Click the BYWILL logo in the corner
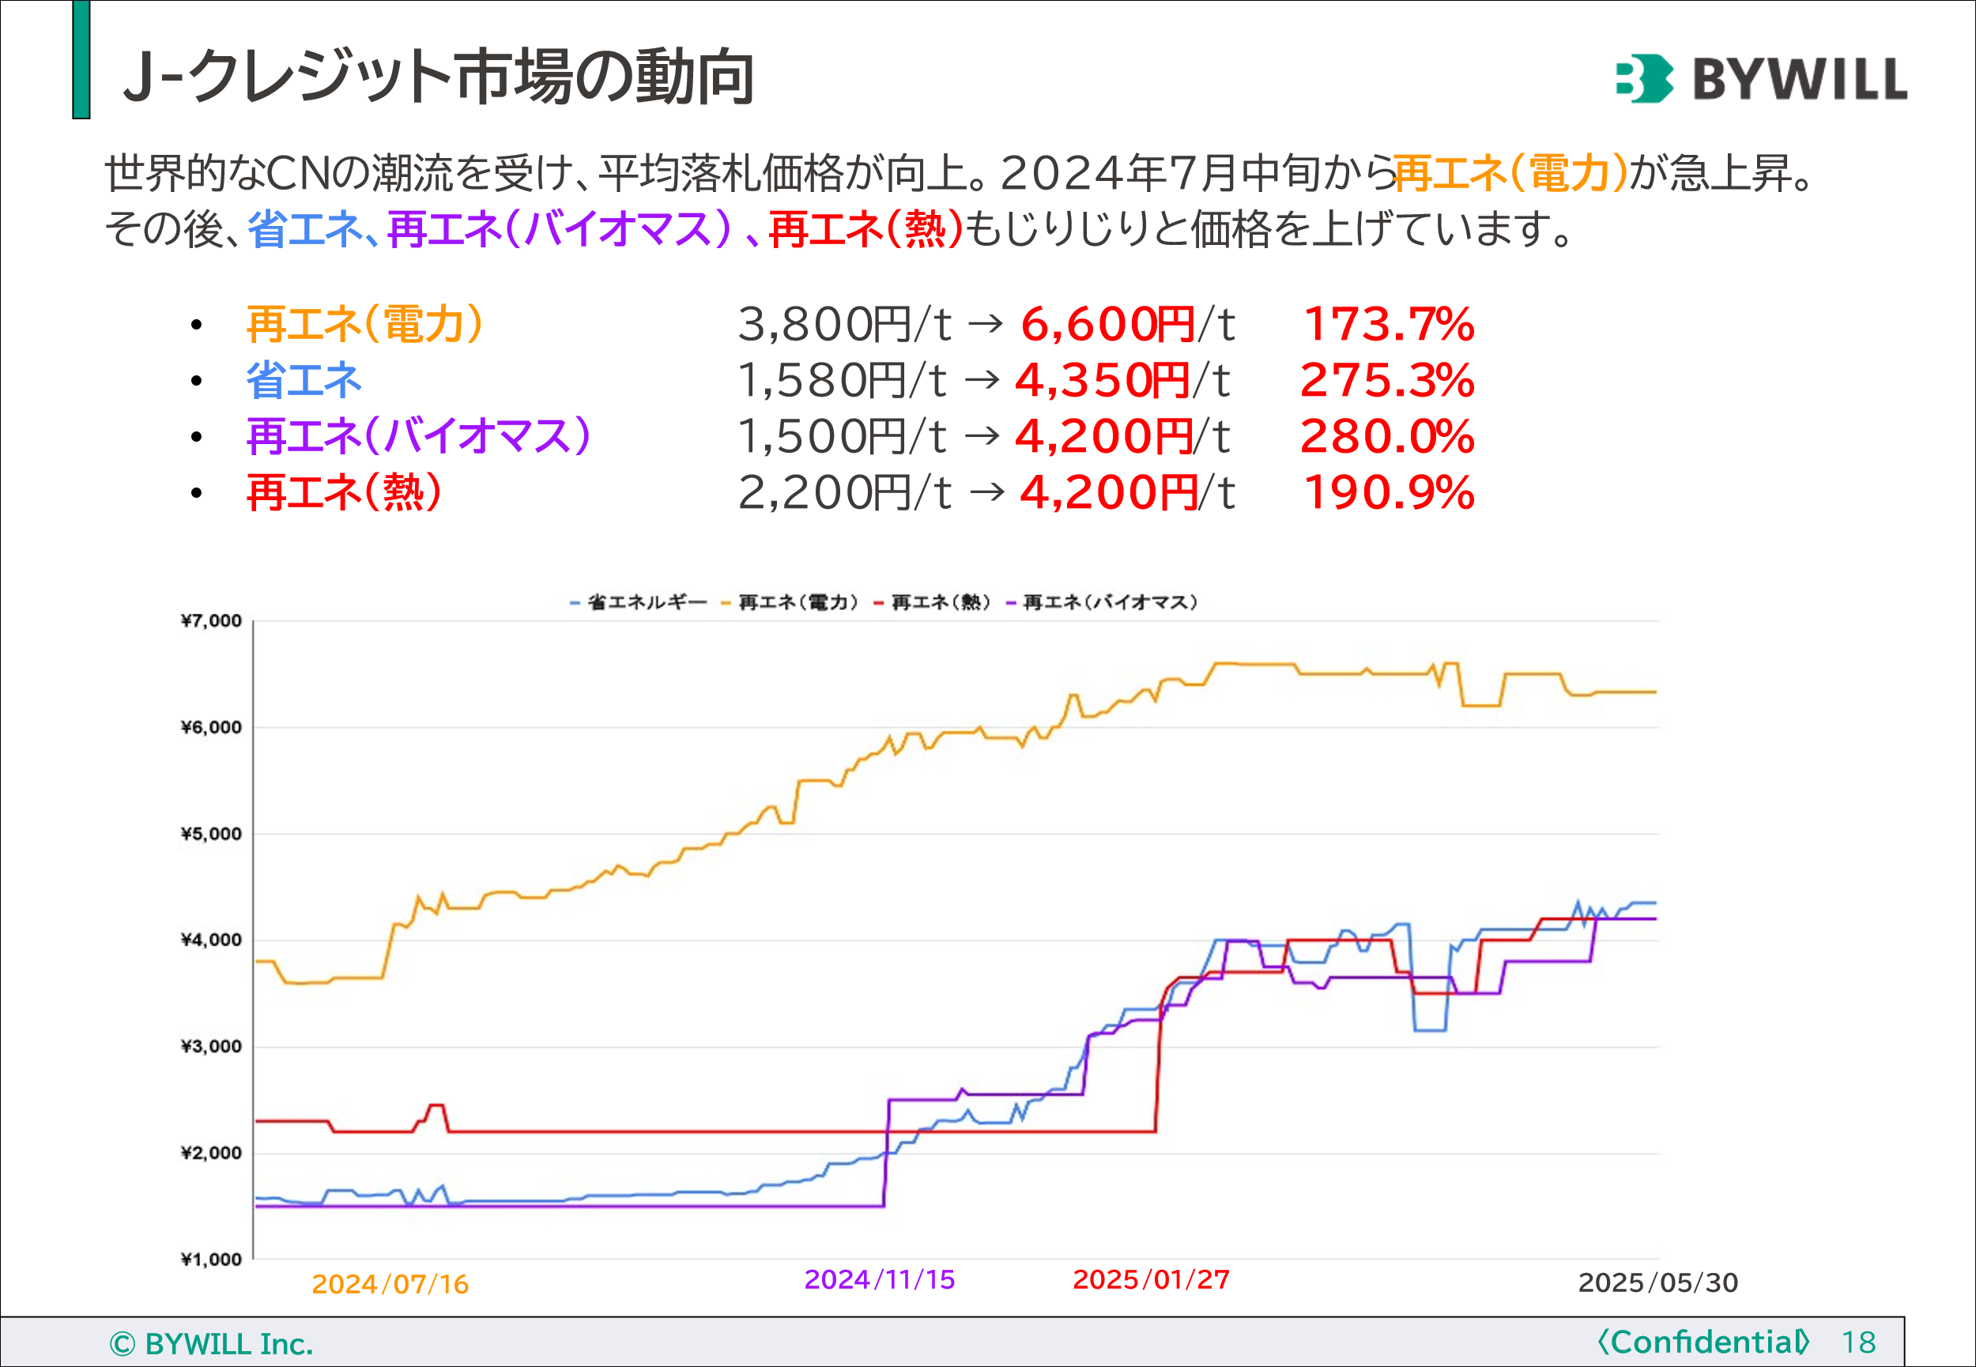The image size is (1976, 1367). pyautogui.click(x=1760, y=78)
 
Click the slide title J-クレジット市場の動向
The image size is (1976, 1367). pyautogui.click(x=439, y=77)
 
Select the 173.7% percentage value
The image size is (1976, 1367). pyautogui.click(x=1388, y=325)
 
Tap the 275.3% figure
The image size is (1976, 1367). pyautogui.click(x=1386, y=380)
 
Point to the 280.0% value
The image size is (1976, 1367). pyautogui.click(x=1386, y=437)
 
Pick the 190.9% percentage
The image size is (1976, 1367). pyautogui.click(x=1388, y=492)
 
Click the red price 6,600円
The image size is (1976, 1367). pyautogui.click(x=1107, y=325)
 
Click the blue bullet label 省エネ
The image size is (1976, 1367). pyautogui.click(x=304, y=380)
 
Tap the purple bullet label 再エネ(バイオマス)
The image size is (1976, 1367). pyautogui.click(x=418, y=437)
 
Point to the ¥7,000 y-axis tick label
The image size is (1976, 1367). pyautogui.click(x=211, y=621)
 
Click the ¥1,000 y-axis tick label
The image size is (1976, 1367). pyautogui.click(x=211, y=1259)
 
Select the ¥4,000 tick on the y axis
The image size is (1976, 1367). pyautogui.click(x=211, y=940)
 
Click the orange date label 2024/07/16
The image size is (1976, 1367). pyautogui.click(x=390, y=1284)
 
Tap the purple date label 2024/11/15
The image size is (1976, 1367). pyautogui.click(x=880, y=1279)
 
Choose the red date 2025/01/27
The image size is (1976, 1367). pyautogui.click(x=1151, y=1279)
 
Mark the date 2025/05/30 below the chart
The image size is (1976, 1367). pyautogui.click(x=1657, y=1282)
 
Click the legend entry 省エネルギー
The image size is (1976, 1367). pyautogui.click(x=647, y=603)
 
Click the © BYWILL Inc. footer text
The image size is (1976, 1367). pyautogui.click(x=212, y=1344)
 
